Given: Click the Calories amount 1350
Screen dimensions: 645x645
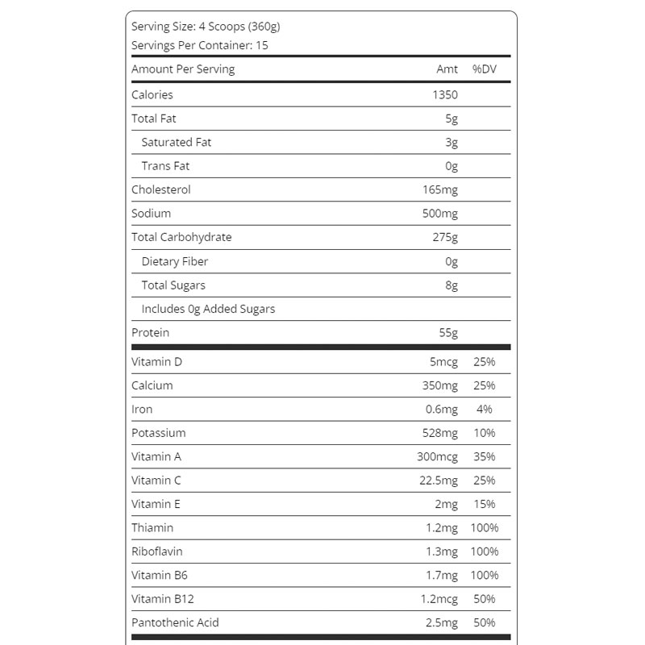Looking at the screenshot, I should point(444,94).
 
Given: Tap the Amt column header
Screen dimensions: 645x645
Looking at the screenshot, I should point(447,69).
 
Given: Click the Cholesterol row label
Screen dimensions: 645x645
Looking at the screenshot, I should point(161,189).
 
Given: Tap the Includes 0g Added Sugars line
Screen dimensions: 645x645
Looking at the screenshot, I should point(208,309).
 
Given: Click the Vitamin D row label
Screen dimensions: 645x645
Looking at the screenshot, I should point(156,362).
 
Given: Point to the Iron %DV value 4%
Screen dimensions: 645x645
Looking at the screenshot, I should point(484,410).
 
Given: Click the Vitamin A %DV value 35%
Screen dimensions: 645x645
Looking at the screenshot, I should point(484,456).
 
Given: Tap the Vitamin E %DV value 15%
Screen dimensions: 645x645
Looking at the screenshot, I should point(484,504).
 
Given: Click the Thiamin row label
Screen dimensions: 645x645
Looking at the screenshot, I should point(152,528).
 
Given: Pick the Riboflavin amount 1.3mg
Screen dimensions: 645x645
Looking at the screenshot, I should point(441,551).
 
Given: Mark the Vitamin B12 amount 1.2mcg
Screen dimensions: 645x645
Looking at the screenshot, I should point(439,599).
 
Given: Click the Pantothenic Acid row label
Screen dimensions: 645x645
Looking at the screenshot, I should point(175,622).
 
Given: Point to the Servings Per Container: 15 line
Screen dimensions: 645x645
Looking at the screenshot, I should point(200,45).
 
